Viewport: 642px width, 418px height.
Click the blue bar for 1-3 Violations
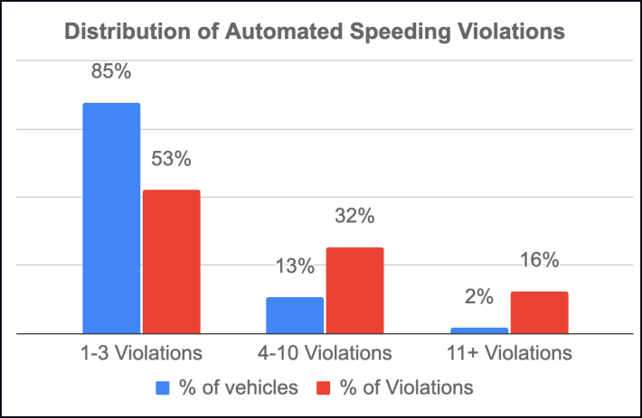[112, 218]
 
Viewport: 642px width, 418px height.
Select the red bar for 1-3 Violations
[171, 261]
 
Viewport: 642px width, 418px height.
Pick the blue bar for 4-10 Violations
[295, 315]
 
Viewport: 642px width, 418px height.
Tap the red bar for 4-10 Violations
[354, 290]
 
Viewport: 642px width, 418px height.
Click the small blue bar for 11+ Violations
[478, 330]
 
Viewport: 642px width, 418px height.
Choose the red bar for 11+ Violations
[539, 312]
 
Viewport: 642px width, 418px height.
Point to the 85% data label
[111, 70]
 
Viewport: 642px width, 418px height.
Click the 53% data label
[171, 159]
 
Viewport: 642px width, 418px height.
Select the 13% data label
[295, 266]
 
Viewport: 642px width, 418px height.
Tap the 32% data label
[354, 217]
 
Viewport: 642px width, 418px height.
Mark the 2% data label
[479, 296]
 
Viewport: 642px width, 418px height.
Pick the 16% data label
[539, 261]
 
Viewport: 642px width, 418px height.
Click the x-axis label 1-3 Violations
[140, 352]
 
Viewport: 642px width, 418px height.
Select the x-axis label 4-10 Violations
[325, 352]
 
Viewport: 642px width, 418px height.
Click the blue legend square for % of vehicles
[165, 388]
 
